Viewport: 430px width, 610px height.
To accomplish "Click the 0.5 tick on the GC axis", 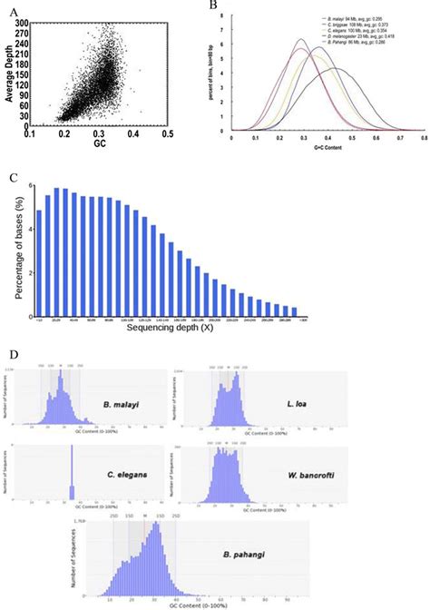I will (x=168, y=133).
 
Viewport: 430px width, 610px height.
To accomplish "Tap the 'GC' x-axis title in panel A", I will (x=101, y=143).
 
